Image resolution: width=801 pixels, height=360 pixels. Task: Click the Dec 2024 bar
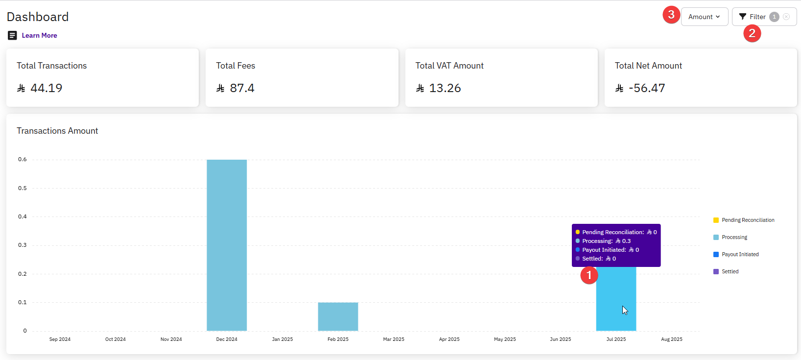pos(227,245)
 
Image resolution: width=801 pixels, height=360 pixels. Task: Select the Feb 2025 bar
pos(338,316)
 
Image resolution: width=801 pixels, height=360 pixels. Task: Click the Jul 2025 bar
pos(616,299)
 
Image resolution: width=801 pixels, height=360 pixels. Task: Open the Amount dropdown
pos(704,17)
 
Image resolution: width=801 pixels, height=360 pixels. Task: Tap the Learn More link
pos(39,35)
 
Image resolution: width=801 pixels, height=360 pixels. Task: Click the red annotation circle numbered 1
pos(589,275)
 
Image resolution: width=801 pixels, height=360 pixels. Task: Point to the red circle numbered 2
pos(752,33)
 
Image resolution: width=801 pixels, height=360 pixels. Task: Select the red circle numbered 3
pos(671,15)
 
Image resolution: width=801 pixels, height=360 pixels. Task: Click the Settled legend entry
pos(730,271)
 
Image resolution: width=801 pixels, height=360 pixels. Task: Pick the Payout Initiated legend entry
pos(740,254)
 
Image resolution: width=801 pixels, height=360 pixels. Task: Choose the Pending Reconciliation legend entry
pos(748,220)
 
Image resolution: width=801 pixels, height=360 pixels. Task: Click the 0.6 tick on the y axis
pos(23,159)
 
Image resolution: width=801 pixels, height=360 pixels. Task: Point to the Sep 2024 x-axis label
pos(60,339)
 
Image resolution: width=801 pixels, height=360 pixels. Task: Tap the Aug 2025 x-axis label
pos(672,339)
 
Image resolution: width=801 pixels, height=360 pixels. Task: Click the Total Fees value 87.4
pos(242,88)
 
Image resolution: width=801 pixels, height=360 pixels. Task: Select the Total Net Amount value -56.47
pos(647,88)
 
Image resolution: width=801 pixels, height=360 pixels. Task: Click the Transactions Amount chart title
pos(57,131)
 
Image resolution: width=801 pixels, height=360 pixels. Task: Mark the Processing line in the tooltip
pos(606,241)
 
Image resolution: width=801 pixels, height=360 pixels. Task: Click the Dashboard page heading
pos(38,17)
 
